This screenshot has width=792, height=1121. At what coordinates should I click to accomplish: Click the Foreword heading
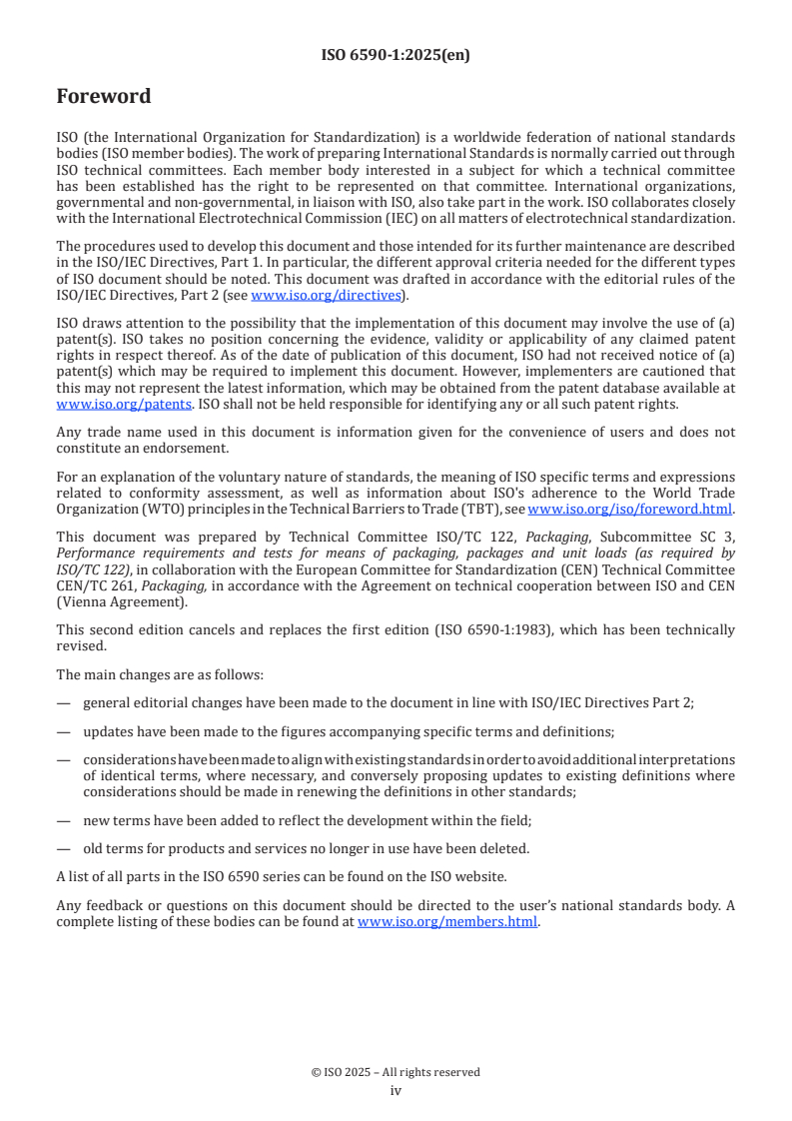pos(104,97)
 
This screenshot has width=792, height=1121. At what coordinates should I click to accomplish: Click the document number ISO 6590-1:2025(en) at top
pos(396,56)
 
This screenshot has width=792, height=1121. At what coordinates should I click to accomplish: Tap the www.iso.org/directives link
pos(325,296)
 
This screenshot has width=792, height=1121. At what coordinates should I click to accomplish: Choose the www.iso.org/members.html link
pos(447,922)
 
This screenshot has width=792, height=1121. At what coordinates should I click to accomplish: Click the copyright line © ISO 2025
pos(396,1072)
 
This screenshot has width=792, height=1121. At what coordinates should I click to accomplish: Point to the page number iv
pos(396,1090)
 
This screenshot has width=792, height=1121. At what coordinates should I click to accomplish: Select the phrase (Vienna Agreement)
pos(121,602)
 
